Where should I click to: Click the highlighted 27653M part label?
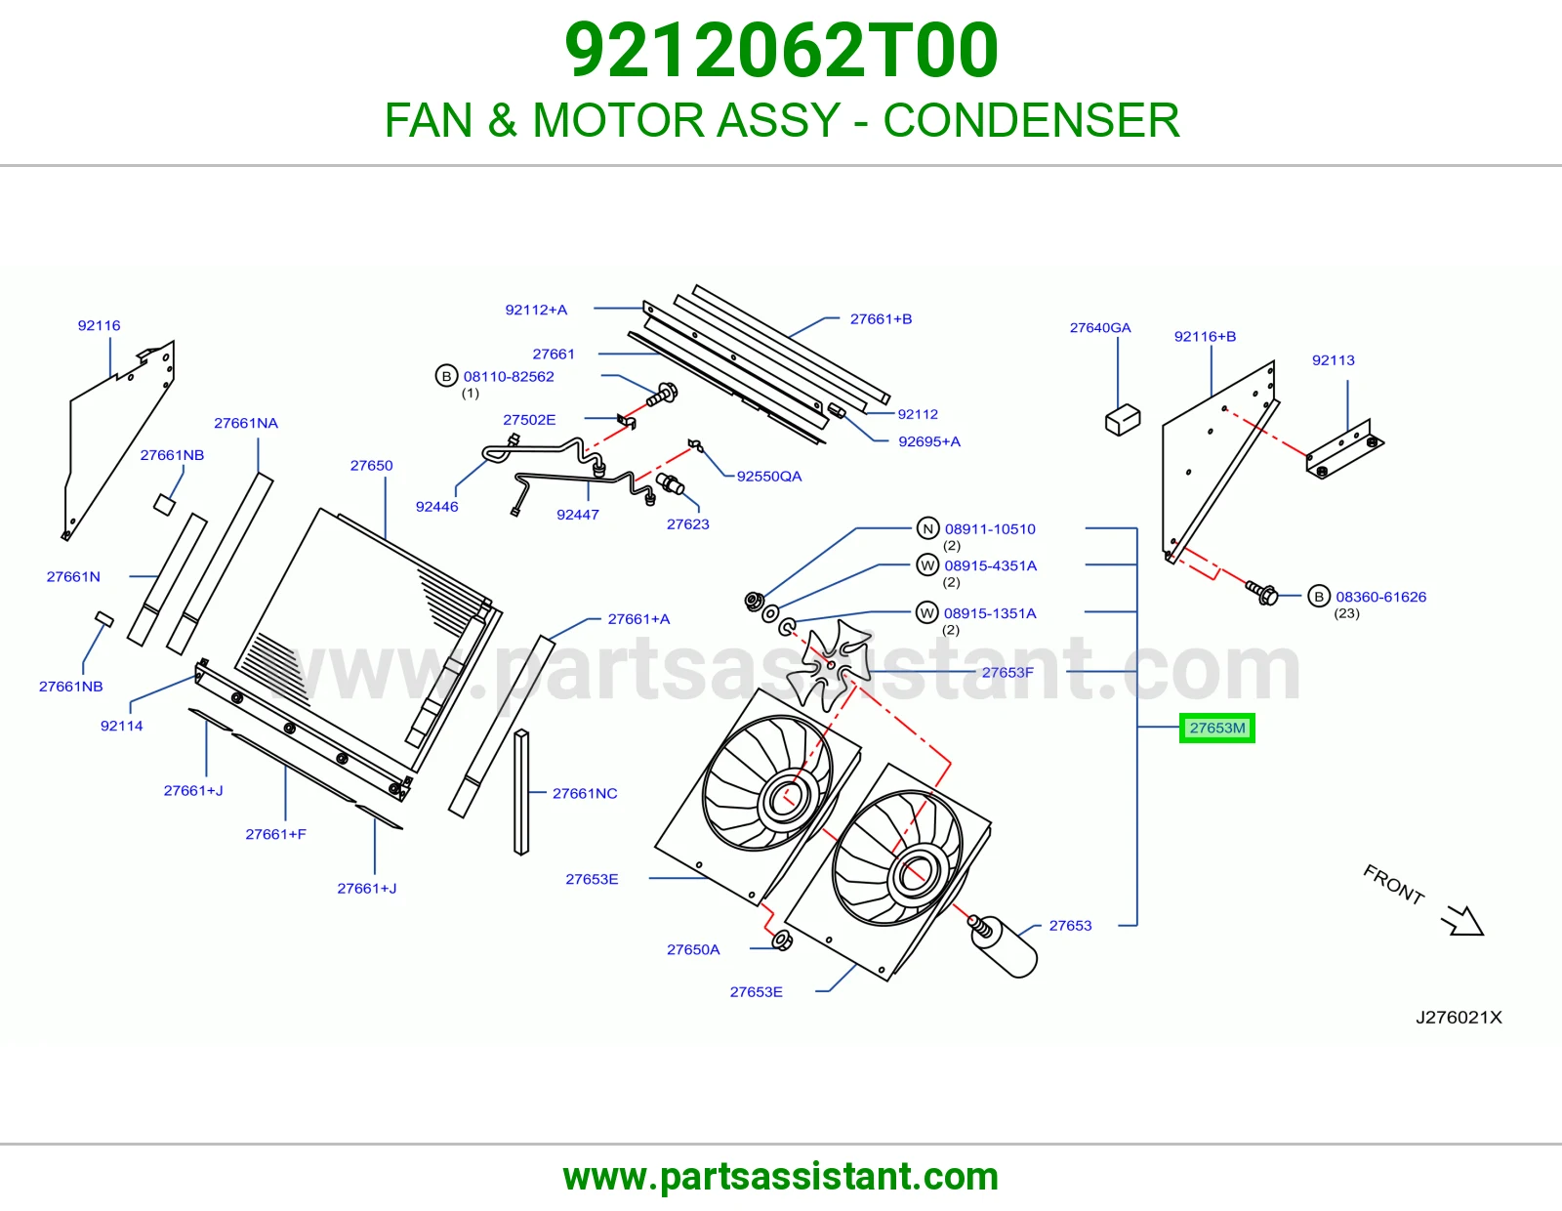point(1217,728)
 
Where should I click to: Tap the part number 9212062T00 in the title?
point(781,51)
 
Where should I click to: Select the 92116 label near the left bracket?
point(100,326)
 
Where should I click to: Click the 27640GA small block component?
point(1123,420)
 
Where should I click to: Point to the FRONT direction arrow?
point(1462,921)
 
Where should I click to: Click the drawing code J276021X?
point(1459,1018)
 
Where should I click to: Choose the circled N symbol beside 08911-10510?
point(928,528)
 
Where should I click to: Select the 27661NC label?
point(585,793)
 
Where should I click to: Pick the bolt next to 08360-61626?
point(1262,593)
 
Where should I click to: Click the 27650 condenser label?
point(372,465)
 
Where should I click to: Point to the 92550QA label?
point(769,476)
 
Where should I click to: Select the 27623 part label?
point(688,524)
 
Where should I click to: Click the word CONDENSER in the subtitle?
point(1031,120)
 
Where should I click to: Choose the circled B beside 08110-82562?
point(446,376)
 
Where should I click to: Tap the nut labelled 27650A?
point(782,940)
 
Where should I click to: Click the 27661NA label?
point(246,423)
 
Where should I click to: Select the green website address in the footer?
point(781,1177)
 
